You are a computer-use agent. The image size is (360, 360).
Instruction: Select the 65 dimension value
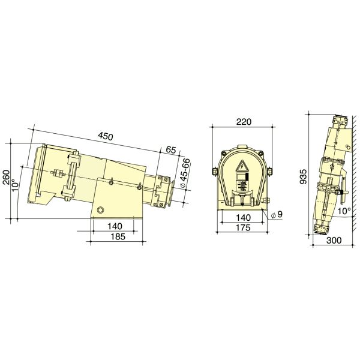(x=171, y=150)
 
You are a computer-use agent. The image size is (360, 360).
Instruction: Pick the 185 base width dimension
(x=117, y=237)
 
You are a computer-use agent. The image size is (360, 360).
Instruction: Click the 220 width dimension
(x=243, y=122)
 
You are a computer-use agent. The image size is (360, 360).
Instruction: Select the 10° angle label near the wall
(x=344, y=211)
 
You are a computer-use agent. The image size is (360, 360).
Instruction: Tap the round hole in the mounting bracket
(x=100, y=209)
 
